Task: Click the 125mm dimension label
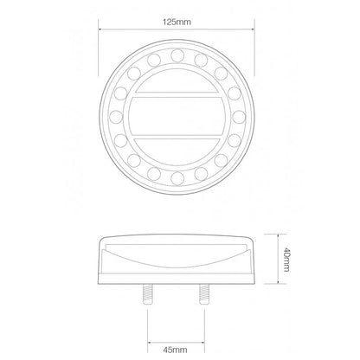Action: pyautogui.click(x=177, y=22)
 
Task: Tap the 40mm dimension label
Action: pyautogui.click(x=286, y=259)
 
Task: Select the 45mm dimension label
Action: pyautogui.click(x=175, y=350)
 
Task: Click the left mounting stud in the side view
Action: pyautogui.click(x=148, y=294)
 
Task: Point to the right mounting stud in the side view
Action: pyautogui.click(x=204, y=294)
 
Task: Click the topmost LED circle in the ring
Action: pyautogui.click(x=177, y=55)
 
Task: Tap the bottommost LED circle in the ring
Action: pyautogui.click(x=177, y=178)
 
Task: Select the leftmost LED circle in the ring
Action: pyautogui.click(x=116, y=117)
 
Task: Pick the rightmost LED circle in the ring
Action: pyautogui.click(x=239, y=117)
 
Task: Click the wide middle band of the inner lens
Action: pyautogui.click(x=177, y=116)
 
